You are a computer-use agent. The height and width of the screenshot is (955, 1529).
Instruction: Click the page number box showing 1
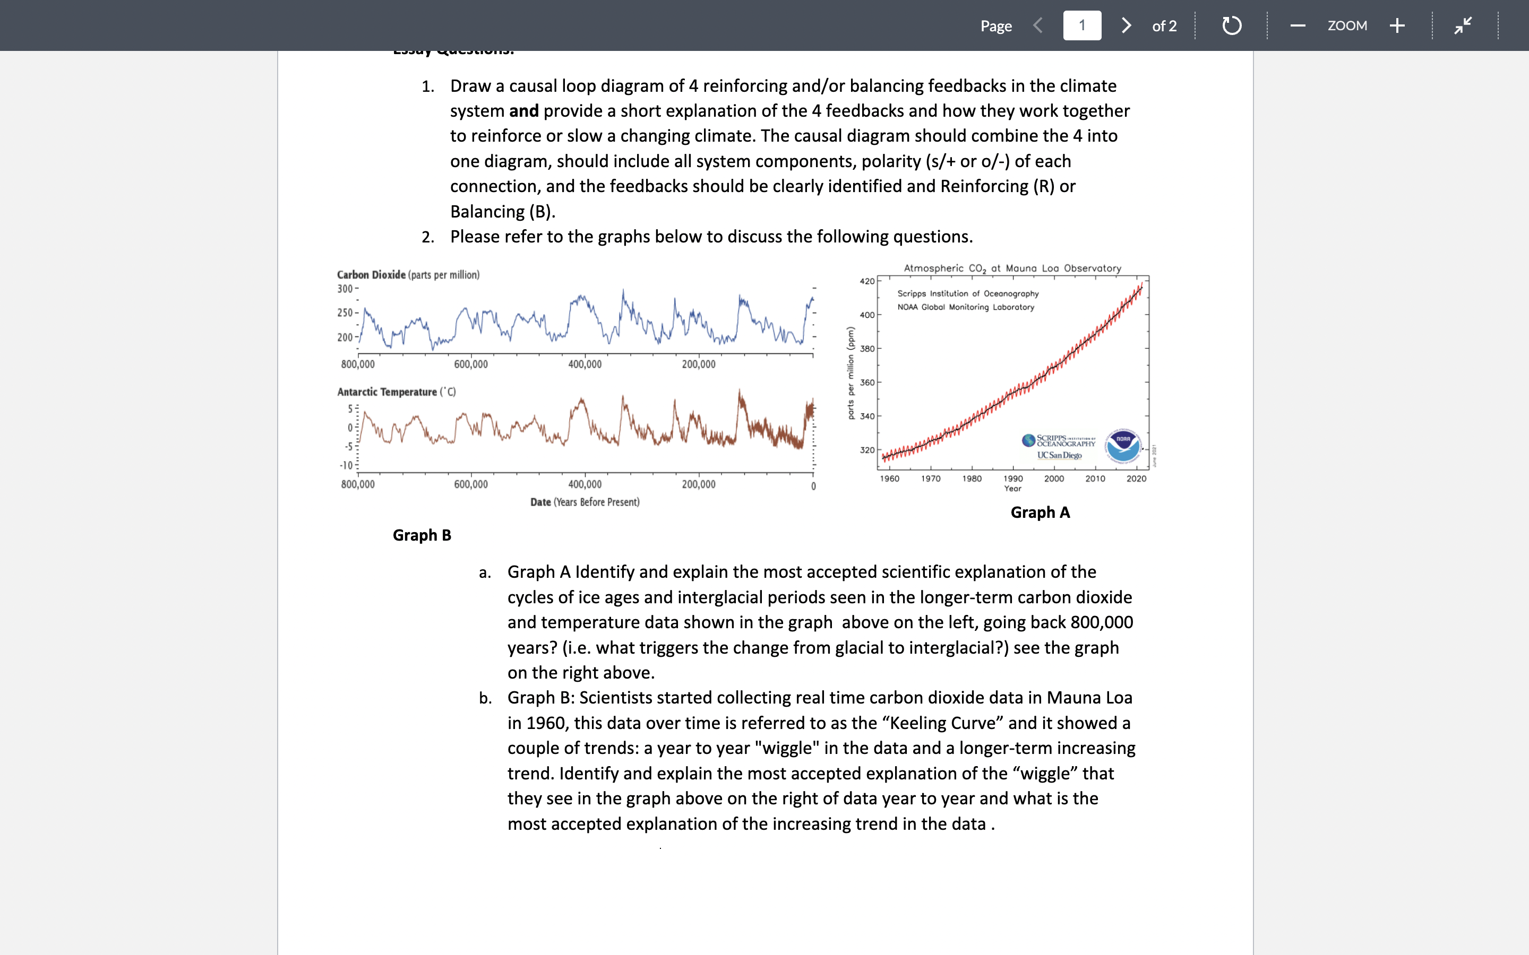point(1081,25)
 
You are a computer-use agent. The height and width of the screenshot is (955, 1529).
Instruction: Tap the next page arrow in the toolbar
point(1126,25)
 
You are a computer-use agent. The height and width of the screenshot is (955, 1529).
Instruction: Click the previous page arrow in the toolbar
point(1037,25)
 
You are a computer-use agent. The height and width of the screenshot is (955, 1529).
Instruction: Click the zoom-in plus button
point(1397,25)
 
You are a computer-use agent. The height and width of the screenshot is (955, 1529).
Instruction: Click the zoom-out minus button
point(1298,25)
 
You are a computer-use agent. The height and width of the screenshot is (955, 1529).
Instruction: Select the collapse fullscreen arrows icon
point(1463,25)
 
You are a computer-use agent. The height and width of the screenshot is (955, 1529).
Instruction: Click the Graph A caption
point(1040,512)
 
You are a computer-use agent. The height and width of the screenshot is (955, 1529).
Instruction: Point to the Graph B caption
point(422,535)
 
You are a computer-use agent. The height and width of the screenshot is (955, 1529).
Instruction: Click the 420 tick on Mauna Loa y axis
point(867,281)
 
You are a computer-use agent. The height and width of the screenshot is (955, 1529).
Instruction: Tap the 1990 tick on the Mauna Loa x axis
point(1013,479)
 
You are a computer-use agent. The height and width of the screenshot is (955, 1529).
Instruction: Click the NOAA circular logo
point(1123,446)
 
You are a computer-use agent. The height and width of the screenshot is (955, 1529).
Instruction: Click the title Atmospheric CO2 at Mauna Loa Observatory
point(1012,268)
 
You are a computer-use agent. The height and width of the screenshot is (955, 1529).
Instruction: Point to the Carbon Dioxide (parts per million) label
point(408,275)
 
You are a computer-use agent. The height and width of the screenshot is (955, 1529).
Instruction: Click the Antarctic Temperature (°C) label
point(396,392)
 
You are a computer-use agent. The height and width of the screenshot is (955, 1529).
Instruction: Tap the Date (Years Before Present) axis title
point(585,502)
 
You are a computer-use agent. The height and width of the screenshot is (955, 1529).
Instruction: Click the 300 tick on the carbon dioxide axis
point(345,289)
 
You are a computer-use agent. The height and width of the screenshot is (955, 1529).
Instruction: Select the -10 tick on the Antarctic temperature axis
point(346,465)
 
